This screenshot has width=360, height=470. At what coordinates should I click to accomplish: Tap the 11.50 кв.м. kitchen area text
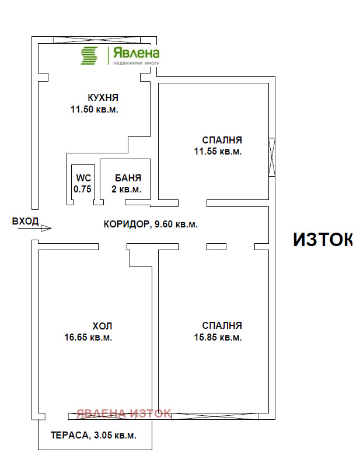95,109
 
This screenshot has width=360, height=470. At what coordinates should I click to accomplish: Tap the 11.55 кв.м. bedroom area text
218,152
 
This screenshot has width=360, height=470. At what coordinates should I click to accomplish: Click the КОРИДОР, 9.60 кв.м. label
151,224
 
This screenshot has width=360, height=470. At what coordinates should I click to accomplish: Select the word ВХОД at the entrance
25,221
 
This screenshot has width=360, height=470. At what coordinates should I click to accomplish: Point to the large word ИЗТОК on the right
322,240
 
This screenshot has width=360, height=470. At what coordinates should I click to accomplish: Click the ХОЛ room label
102,326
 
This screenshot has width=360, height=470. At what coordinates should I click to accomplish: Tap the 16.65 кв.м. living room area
89,337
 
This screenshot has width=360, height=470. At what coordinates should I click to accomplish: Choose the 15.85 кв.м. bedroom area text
218,337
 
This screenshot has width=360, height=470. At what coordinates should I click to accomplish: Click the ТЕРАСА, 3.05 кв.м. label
93,435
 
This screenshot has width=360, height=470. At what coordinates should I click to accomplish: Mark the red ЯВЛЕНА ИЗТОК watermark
124,413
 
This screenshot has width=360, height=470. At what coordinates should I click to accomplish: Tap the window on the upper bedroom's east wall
271,157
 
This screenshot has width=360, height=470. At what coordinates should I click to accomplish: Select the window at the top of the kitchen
96,40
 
